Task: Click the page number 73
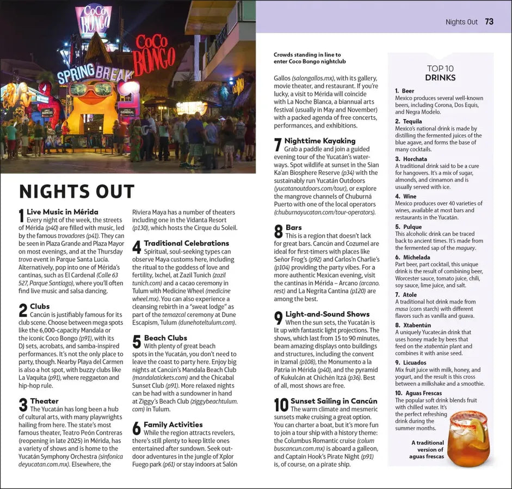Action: click(489, 22)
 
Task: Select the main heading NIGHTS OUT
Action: click(77, 192)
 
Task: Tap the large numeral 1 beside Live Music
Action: click(22, 216)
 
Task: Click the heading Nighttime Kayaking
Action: click(320, 141)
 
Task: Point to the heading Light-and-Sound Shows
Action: click(328, 314)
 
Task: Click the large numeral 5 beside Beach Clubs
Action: click(137, 342)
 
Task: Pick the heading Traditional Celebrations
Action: click(187, 243)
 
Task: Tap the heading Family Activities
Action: click(173, 424)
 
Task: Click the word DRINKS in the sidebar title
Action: click(440, 78)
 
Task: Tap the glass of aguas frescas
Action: click(468, 439)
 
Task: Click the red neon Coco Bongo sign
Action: click(155, 55)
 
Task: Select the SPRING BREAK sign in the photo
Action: click(95, 73)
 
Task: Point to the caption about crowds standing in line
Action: click(307, 58)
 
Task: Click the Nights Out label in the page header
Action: click(461, 22)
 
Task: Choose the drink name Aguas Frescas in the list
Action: click(422, 393)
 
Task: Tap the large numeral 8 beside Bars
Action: click(279, 232)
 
